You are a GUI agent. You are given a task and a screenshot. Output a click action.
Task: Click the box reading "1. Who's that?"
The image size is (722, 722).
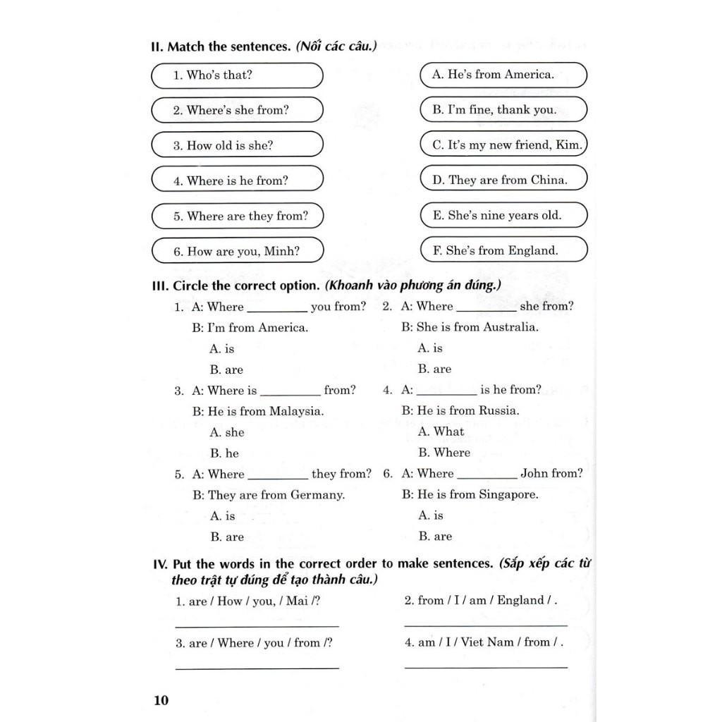point(237,75)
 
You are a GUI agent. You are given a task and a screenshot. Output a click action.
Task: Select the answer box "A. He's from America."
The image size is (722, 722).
point(503,75)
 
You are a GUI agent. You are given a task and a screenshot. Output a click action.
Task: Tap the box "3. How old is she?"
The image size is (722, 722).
point(237,145)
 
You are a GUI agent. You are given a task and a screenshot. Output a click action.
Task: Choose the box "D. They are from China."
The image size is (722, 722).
point(503,180)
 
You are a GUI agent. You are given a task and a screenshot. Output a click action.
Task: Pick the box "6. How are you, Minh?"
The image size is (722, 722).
point(237,250)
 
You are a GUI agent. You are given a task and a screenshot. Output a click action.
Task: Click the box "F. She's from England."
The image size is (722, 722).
point(503,250)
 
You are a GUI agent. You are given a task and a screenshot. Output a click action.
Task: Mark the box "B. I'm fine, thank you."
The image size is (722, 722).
point(503,110)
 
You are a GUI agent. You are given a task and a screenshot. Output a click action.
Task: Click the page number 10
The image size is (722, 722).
point(161,699)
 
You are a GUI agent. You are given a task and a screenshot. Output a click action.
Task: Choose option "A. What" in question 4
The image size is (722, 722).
point(441,432)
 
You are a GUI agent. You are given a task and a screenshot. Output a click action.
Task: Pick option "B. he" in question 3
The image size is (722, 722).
point(225,453)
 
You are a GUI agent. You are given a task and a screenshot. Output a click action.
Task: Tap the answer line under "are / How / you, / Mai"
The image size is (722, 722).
point(257,625)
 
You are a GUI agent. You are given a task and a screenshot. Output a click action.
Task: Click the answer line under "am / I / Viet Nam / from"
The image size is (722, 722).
point(486,666)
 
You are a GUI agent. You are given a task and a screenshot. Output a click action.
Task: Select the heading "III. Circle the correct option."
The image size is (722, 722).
point(236,286)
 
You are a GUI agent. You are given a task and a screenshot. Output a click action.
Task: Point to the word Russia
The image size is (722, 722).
point(498,411)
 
